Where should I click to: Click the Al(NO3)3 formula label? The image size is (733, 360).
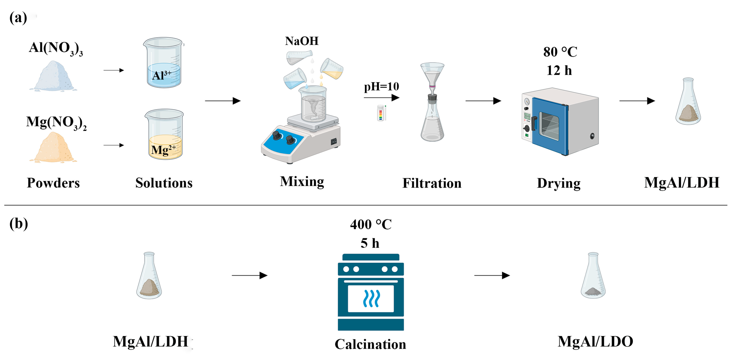56,48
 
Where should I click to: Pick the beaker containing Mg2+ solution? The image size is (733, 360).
165,135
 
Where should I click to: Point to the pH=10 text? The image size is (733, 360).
381,86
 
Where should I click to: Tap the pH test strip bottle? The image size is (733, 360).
381,113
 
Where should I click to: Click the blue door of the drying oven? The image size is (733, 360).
549,125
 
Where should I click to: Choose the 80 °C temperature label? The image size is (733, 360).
560,52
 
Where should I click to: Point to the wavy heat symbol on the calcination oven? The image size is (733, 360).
371,299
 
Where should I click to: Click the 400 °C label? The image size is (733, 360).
370,224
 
